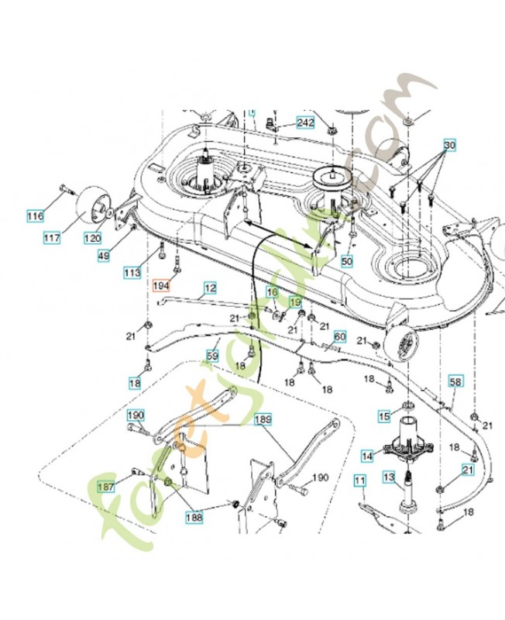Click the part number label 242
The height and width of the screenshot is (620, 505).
(305, 124)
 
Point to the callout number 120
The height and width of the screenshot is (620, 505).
(91, 239)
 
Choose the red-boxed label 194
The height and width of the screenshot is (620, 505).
(161, 285)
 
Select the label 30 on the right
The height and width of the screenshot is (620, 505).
(450, 146)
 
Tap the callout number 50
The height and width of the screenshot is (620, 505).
(346, 262)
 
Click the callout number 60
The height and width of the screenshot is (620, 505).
(339, 337)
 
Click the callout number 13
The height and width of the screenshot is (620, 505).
(389, 480)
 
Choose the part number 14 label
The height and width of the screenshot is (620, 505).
(367, 457)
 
